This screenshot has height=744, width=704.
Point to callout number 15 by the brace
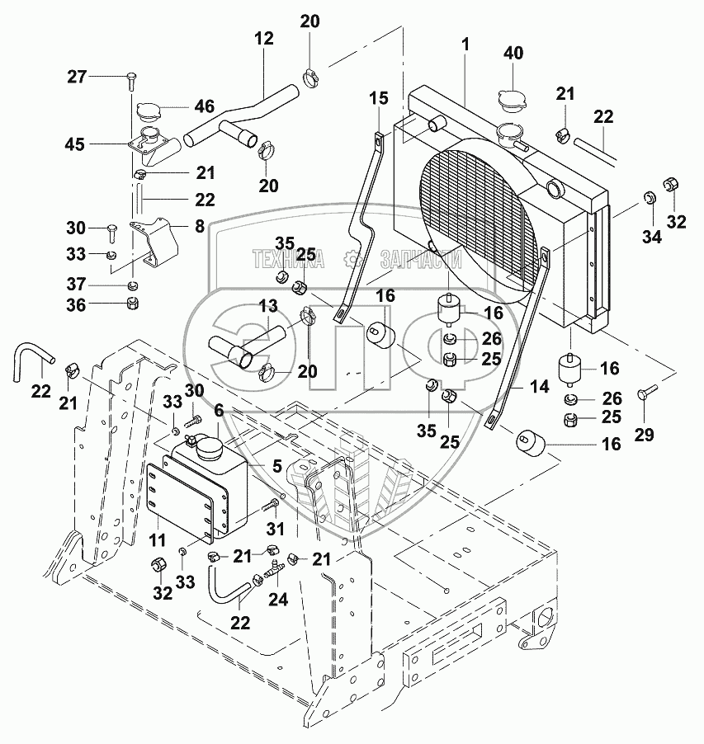coord(378,98)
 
